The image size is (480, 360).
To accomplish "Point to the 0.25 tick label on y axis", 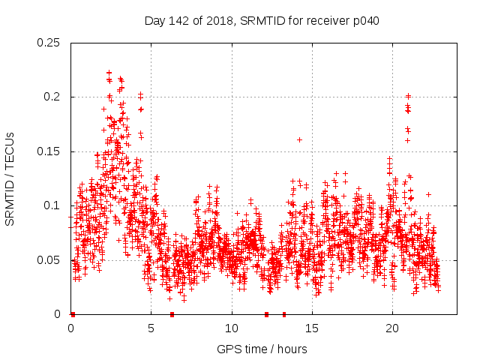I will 50,43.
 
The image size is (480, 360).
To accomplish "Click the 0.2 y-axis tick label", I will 53,97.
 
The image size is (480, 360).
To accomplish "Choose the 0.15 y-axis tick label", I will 50,151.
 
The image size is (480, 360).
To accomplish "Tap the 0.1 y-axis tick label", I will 53,205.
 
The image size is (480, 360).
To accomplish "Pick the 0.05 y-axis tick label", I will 50,260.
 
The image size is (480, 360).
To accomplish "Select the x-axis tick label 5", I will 151,328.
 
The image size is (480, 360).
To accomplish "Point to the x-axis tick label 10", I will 232,328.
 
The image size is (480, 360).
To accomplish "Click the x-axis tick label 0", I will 71,328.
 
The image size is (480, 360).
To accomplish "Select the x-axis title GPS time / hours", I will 262,349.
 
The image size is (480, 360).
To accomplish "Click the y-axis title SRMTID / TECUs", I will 10,178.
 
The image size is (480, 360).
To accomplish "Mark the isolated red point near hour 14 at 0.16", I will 299,139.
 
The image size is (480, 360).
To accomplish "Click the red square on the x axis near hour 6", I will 172,314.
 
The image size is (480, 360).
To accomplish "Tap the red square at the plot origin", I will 73,314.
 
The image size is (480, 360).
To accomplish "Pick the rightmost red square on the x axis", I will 283,314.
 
